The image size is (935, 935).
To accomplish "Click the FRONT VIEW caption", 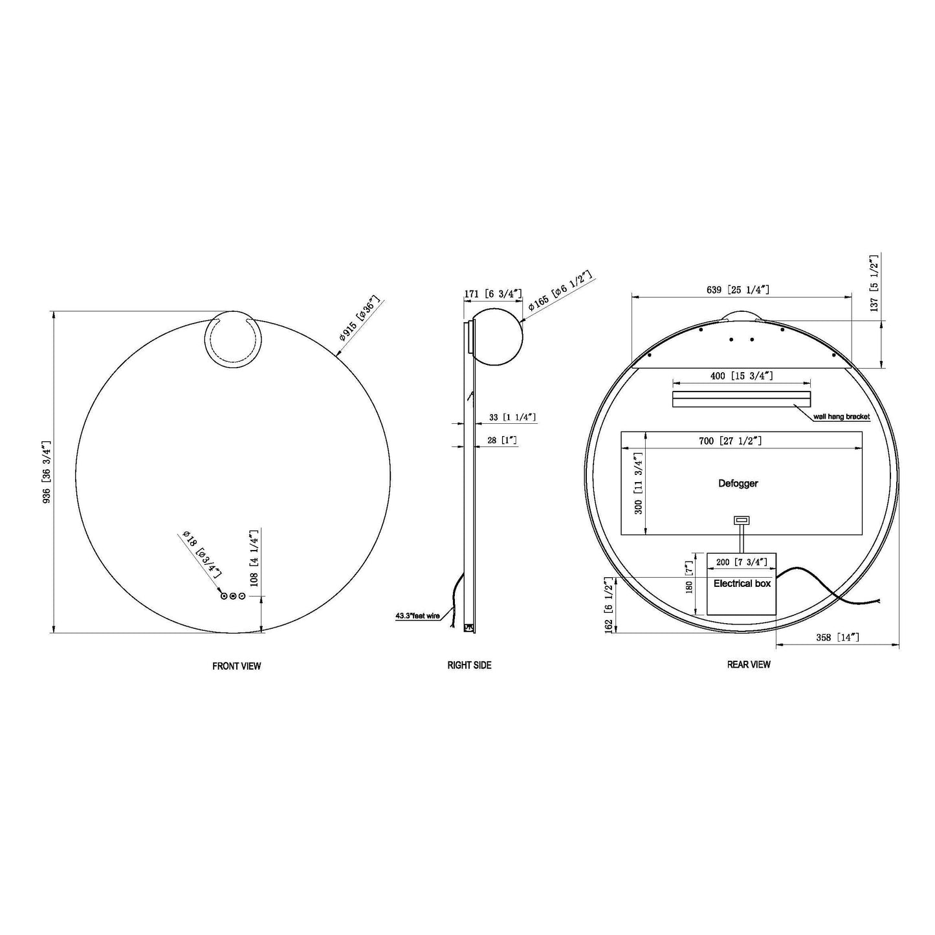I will click(236, 666).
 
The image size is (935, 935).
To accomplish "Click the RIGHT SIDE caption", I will click(469, 665).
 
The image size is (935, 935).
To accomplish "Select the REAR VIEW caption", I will click(749, 665).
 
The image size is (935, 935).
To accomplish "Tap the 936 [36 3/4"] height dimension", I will click(46, 473).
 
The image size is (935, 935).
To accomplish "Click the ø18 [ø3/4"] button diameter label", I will click(203, 554).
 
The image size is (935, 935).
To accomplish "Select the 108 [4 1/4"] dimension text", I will click(254, 557).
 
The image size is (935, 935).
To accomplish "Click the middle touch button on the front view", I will click(233, 596).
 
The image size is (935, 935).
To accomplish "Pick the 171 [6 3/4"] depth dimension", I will click(492, 294).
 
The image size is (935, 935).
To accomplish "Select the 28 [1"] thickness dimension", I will click(501, 440).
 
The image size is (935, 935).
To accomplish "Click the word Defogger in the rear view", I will click(738, 483).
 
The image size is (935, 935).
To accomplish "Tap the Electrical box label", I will click(742, 584).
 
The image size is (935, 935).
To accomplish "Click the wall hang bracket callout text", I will click(841, 417).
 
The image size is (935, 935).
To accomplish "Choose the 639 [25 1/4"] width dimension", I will click(738, 290).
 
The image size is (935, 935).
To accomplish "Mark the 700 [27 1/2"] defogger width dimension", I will click(730, 441).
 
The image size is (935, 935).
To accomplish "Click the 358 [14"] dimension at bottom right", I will click(837, 637).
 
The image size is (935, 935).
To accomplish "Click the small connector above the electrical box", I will click(741, 520).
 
